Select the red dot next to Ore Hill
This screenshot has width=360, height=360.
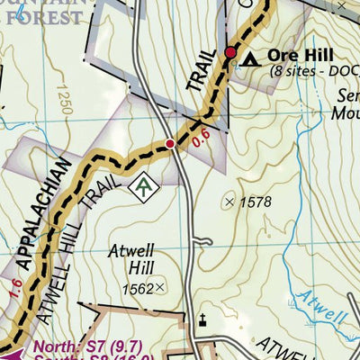coord(230,54)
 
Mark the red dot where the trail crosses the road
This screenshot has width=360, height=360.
coord(169,143)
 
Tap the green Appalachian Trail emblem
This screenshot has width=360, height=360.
coord(142,186)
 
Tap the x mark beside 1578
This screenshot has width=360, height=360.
coord(229,202)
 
